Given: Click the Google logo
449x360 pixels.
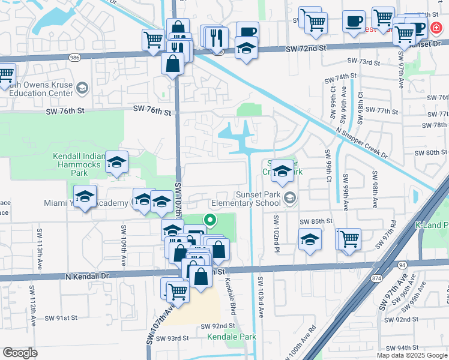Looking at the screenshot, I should pyautogui.click(x=20, y=353).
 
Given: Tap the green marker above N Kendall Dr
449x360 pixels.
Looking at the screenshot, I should pyautogui.click(x=210, y=221).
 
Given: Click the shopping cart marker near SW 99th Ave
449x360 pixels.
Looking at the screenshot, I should pyautogui.click(x=348, y=239).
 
